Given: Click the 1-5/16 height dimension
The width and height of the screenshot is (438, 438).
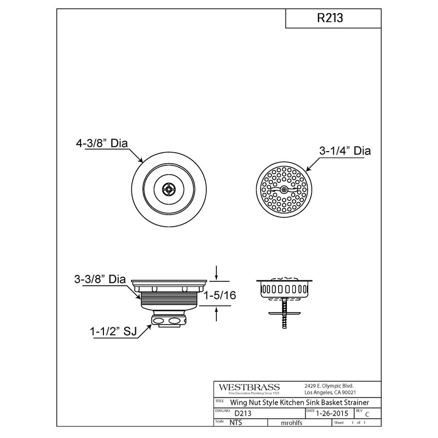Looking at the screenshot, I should tap(221, 295).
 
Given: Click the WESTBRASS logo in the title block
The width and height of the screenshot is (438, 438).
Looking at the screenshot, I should tap(249, 387).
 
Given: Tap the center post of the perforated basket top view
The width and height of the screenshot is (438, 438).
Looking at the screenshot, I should tap(284, 189).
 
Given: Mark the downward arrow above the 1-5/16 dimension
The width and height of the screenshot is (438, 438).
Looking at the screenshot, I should tap(217, 272).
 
